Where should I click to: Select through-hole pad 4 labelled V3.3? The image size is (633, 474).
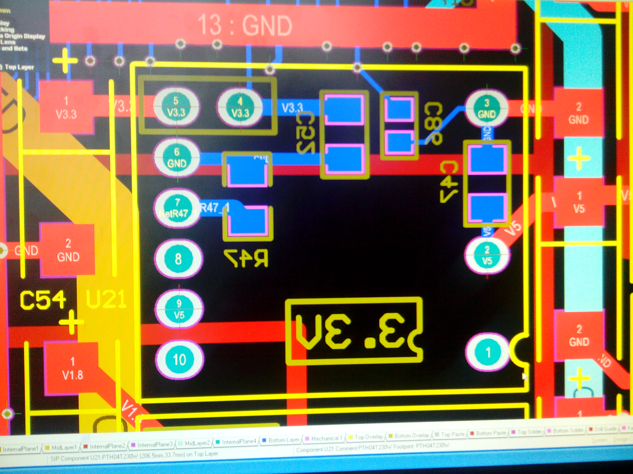240,106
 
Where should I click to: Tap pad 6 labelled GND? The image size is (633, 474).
177,157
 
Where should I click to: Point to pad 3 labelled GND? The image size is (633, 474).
486,109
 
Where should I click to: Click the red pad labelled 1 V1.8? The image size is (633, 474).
72,369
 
